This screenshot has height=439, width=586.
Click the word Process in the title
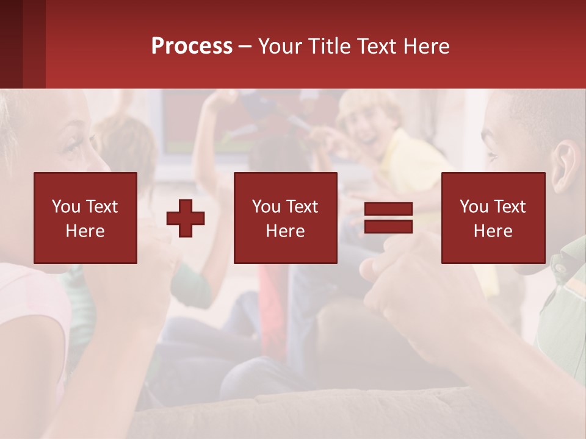pos(192,46)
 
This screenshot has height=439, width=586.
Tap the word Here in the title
pos(427,46)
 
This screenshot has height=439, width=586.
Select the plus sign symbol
pos(186,218)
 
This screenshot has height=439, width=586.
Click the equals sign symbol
pos(388,218)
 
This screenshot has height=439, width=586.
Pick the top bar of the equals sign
pos(388,209)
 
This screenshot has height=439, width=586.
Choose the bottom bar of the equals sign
pos(388,226)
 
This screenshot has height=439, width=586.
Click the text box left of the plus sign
pos(85,218)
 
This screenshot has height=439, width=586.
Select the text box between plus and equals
pos(286,218)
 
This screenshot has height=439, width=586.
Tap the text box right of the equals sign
pos(493,218)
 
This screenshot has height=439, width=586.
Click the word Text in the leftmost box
pos(101,207)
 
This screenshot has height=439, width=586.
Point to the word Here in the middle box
pos(286,231)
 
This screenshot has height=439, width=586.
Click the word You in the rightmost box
pos(474,207)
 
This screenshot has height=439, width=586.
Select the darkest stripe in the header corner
pos(11,44)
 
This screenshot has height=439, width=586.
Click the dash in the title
pos(245,46)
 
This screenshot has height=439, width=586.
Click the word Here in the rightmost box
pos(493,231)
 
